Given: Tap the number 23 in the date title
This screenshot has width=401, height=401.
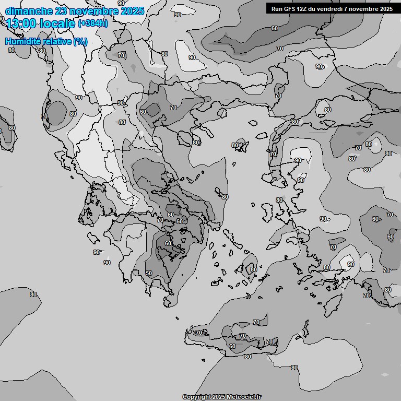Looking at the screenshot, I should point(61,11).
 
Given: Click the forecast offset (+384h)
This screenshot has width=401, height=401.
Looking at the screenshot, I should point(92,23).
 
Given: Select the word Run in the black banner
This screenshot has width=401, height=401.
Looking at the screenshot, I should point(277,8).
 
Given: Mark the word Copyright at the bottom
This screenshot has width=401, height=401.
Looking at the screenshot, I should point(197,397).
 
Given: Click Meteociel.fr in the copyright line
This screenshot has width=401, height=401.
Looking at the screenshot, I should point(244,397).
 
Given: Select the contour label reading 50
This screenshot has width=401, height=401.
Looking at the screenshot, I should point(149,273).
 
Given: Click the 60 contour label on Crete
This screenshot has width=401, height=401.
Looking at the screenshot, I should point(232,346).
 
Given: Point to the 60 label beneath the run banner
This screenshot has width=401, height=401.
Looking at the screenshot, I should point(275,28).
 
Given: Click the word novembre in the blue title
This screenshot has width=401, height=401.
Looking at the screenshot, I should point(94,11).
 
